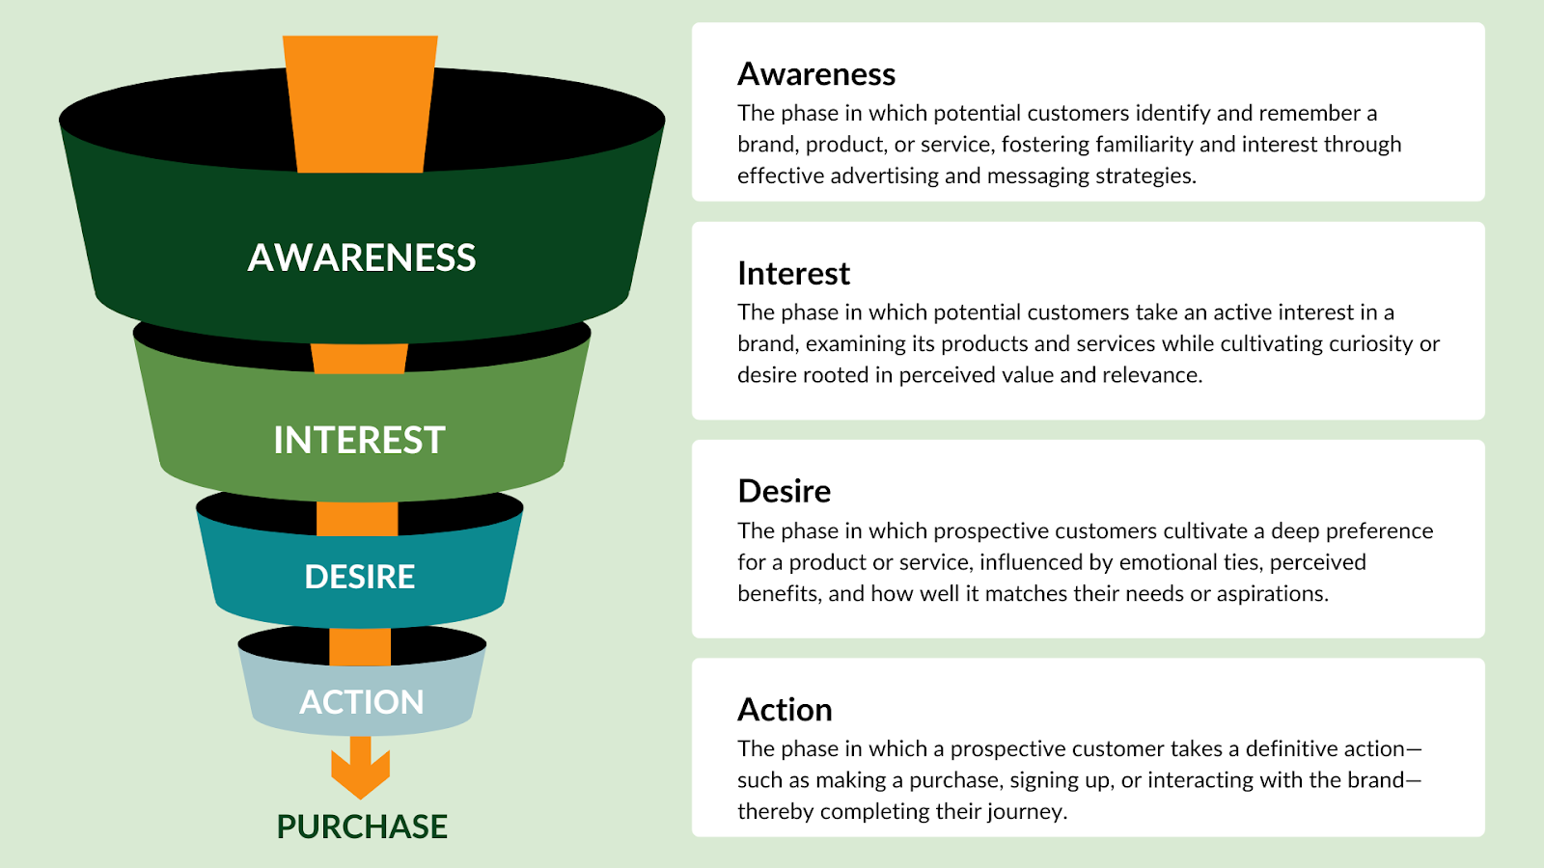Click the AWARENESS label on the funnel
pos(361,258)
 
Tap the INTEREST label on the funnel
pos(359,440)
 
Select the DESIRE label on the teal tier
pos(360,577)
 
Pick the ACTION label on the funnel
pos(361,702)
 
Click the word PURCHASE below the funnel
pos(362,827)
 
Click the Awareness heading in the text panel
pos(816,74)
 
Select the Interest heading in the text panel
pos(793,274)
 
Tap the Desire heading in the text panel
pos(785,491)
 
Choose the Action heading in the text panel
pos(786,710)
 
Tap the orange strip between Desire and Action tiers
pos(360,647)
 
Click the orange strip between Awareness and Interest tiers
pos(359,358)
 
